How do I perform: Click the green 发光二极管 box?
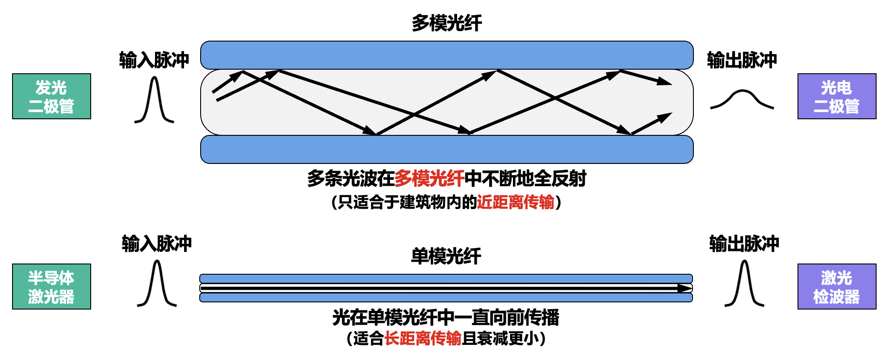pos(51,96)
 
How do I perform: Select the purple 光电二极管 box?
pos(836,96)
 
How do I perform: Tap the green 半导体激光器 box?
pos(51,287)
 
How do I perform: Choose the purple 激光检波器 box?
pos(836,287)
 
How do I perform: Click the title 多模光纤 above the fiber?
pos(446,23)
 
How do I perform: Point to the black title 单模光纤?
pos(445,256)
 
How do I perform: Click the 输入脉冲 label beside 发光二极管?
pos(154,60)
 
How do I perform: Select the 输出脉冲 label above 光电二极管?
pos(742,60)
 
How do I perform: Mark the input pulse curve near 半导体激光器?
pos(157,284)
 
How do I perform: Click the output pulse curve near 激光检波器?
pos(744,284)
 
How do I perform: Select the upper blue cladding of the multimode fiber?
pos(446,55)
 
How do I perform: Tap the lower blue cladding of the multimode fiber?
pos(446,150)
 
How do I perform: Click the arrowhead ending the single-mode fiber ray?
pos(684,288)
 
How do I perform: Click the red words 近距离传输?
pos(515,202)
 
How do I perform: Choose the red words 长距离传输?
pos(423,338)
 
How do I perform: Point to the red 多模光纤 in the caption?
pos(429,179)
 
